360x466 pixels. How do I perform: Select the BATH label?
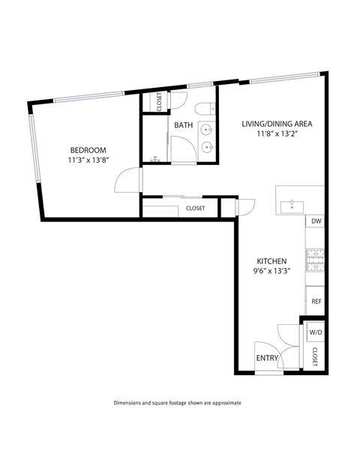pyautogui.click(x=183, y=125)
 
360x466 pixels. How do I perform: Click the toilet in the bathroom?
pyautogui.click(x=209, y=109)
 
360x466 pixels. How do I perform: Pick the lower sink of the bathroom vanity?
pyautogui.click(x=208, y=148)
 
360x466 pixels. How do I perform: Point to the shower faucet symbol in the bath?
pyautogui.click(x=155, y=160)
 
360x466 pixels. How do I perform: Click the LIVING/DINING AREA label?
pyautogui.click(x=276, y=123)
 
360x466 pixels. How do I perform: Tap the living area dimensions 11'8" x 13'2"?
pyautogui.click(x=276, y=134)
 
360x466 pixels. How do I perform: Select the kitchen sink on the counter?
pyautogui.click(x=290, y=205)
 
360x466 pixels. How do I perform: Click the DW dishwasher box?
pyautogui.click(x=316, y=221)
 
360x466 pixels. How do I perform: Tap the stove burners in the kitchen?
pyautogui.click(x=314, y=260)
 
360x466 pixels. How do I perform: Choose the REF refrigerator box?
pyautogui.click(x=316, y=301)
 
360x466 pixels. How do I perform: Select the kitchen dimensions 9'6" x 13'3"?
pyautogui.click(x=271, y=272)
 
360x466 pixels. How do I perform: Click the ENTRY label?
pyautogui.click(x=267, y=358)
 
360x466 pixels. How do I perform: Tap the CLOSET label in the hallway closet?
pyautogui.click(x=195, y=209)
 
